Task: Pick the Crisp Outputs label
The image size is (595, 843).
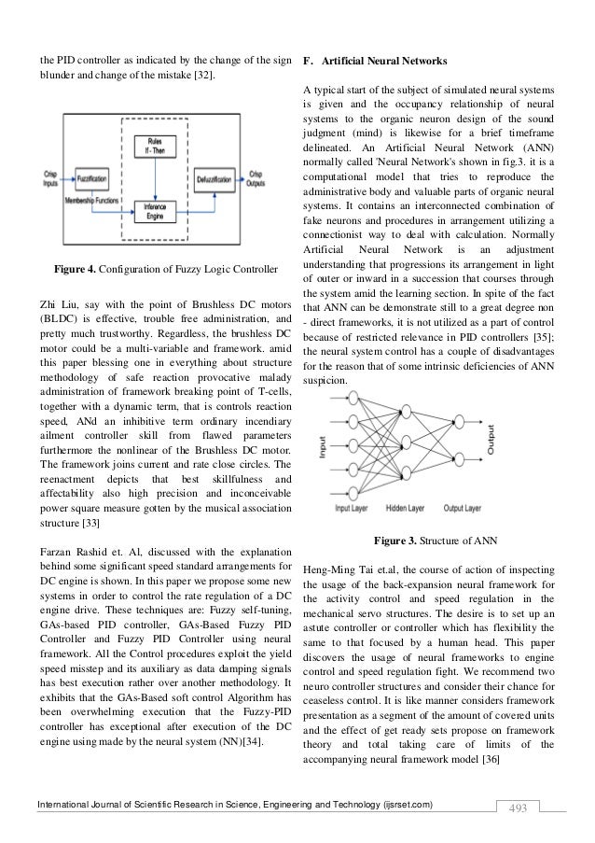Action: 256,177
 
